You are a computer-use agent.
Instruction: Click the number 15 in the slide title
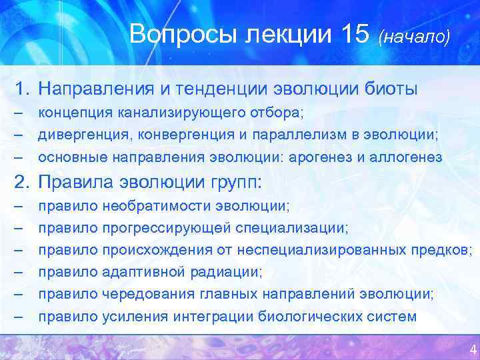pos(351,33)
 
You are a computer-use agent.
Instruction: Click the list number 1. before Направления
pos(24,88)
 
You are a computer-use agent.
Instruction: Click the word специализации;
pos(291,229)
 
